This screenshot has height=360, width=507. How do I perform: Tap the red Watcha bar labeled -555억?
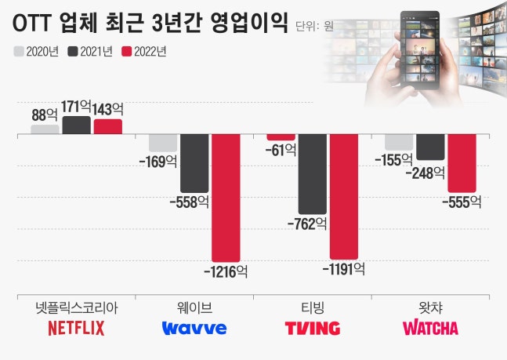[462, 163]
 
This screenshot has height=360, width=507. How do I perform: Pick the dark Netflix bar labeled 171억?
[77, 125]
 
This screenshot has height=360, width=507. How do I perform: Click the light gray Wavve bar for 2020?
[163, 143]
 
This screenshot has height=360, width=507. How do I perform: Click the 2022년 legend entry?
[146, 52]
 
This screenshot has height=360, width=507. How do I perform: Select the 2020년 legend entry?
[37, 52]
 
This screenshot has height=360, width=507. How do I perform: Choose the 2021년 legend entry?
[91, 52]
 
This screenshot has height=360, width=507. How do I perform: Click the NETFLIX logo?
[76, 329]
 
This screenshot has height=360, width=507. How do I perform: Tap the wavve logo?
[194, 329]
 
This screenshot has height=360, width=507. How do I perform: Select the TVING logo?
[312, 329]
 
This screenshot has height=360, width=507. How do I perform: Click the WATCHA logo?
[430, 329]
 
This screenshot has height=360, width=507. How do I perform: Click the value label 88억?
[45, 115]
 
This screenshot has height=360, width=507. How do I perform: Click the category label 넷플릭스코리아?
[76, 307]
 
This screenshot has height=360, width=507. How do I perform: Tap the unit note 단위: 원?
[315, 26]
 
